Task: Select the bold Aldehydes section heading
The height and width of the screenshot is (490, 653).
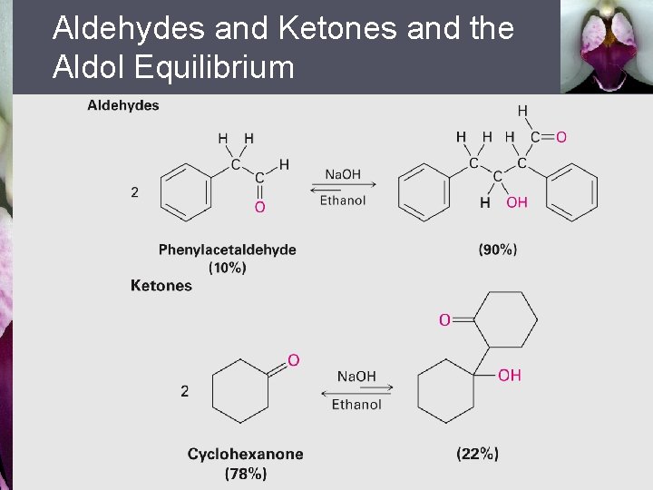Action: (123, 105)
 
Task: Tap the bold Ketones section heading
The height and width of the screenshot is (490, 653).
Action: (161, 286)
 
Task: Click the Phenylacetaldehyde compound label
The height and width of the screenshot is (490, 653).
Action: (227, 250)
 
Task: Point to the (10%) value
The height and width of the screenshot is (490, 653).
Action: (227, 267)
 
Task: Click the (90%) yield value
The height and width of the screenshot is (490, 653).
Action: (498, 249)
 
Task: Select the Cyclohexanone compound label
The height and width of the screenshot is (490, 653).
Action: (246, 454)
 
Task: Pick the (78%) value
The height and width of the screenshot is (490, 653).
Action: (246, 473)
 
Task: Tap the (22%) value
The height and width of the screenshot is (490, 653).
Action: (477, 454)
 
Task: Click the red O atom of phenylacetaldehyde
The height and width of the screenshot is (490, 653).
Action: (260, 208)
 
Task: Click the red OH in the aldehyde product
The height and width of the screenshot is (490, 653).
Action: (517, 202)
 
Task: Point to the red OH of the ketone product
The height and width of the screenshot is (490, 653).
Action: (510, 375)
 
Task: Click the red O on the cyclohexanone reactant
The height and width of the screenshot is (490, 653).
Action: (293, 361)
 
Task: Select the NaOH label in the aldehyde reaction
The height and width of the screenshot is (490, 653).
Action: (343, 174)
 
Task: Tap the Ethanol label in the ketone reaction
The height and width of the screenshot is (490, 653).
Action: (356, 405)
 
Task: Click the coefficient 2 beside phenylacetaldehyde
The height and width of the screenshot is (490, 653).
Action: (135, 192)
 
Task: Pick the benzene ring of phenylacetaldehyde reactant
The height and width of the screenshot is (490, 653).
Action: (185, 191)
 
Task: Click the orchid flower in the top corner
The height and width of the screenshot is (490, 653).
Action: (605, 45)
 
